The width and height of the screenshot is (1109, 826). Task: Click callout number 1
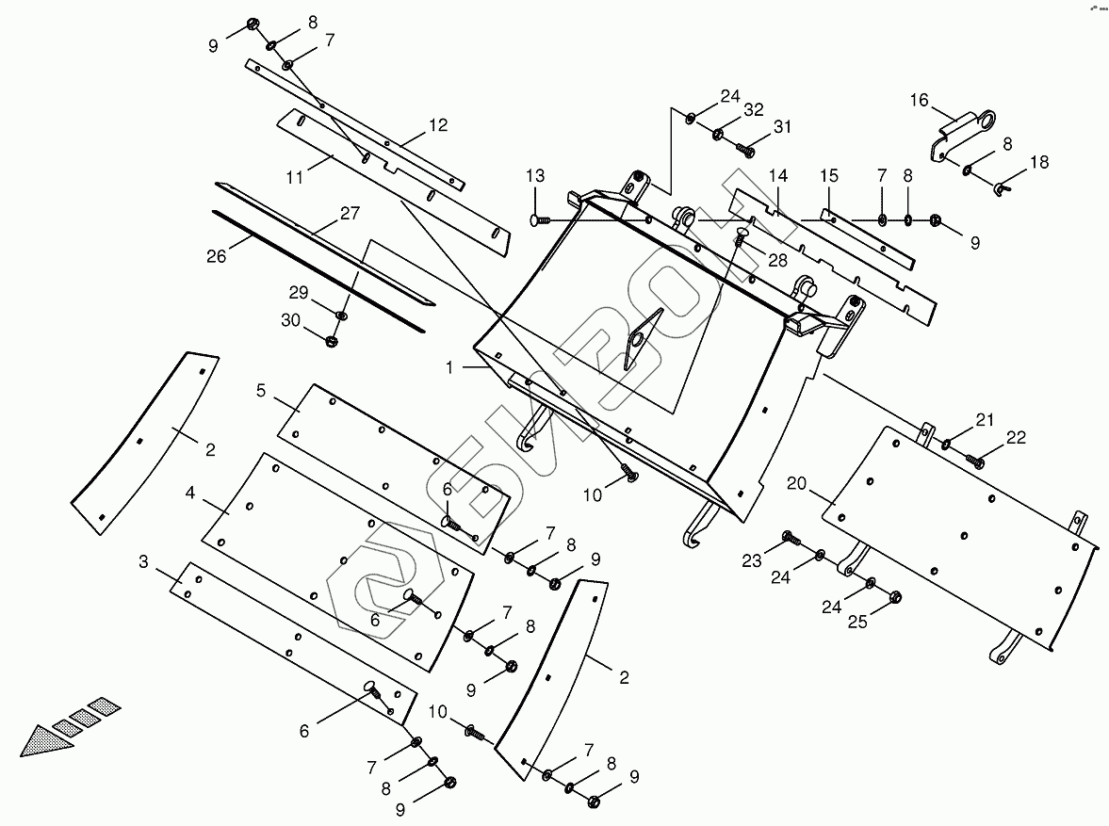pyautogui.click(x=450, y=368)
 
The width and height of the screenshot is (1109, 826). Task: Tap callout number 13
pyautogui.click(x=535, y=176)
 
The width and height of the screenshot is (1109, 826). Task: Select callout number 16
pyautogui.click(x=919, y=100)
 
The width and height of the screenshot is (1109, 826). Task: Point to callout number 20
pyautogui.click(x=797, y=484)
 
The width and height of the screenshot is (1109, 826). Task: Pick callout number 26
pyautogui.click(x=217, y=255)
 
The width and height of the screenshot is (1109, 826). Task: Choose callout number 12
pyautogui.click(x=437, y=124)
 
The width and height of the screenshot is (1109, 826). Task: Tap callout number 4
pyautogui.click(x=190, y=493)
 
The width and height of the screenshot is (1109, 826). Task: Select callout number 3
pyautogui.click(x=143, y=562)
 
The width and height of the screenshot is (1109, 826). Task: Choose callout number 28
pyautogui.click(x=779, y=259)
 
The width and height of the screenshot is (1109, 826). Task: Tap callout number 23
pyautogui.click(x=751, y=561)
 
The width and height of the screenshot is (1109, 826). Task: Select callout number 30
pyautogui.click(x=290, y=321)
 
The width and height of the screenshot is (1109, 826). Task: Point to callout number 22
pyautogui.click(x=1016, y=437)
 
